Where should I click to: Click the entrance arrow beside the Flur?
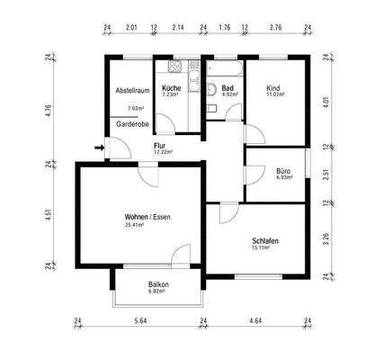coord(97,148)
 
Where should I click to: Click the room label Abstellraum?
coord(130,92)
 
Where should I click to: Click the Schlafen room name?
coord(264,241)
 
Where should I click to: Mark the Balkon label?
coord(158,284)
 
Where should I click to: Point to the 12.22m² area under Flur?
coord(162,152)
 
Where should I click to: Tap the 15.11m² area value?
coord(264,248)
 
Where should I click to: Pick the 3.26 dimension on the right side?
coord(337,240)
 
